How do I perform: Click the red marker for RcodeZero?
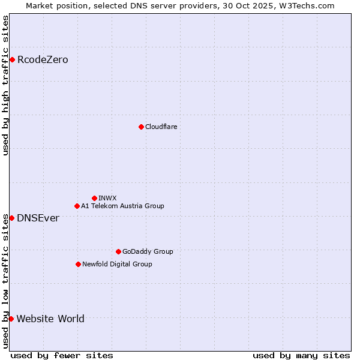(x=12, y=59)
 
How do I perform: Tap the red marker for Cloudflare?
(x=141, y=127)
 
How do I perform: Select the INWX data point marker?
(x=94, y=198)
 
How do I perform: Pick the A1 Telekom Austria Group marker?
(x=77, y=206)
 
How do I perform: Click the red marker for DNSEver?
(x=11, y=218)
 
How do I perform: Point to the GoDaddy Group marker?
(x=118, y=251)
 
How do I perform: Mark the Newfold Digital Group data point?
(x=78, y=264)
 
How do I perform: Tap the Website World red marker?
(x=11, y=319)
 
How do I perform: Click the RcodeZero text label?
(x=43, y=59)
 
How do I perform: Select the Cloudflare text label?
(x=161, y=127)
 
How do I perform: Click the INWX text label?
(x=107, y=198)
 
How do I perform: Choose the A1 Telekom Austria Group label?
(x=122, y=206)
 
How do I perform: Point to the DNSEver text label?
(x=38, y=218)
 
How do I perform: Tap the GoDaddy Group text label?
(x=148, y=251)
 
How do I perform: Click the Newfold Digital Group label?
(x=117, y=264)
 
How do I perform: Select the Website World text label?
(x=50, y=319)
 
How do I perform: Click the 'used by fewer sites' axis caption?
(x=62, y=355)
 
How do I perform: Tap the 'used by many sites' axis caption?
(x=301, y=355)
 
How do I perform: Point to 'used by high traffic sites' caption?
(x=5, y=85)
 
